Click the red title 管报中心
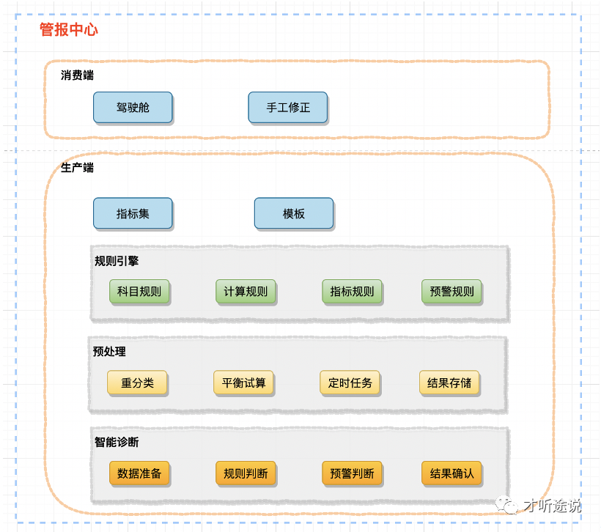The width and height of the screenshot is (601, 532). [68, 30]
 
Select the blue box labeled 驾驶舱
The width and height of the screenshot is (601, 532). [133, 107]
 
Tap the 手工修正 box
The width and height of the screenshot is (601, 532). [288, 107]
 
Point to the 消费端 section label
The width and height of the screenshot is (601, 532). [77, 75]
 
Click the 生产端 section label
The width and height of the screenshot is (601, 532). [77, 167]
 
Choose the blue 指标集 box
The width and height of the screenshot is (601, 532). [133, 213]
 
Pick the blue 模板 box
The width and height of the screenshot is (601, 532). [294, 213]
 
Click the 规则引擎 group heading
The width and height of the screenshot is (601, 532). [117, 260]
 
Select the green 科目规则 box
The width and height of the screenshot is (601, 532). [139, 291]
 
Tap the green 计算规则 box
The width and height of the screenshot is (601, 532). [246, 291]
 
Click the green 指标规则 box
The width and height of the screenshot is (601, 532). [352, 291]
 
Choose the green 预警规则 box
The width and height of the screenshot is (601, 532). [452, 291]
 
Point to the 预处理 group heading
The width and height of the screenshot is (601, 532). [109, 351]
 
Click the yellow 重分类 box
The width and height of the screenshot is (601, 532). [137, 383]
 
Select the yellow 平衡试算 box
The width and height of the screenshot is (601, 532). [244, 383]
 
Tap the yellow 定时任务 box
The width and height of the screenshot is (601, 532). [350, 383]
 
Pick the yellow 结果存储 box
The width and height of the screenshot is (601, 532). [450, 383]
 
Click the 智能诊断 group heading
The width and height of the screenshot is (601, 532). [117, 442]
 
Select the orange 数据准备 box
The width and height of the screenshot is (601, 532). [139, 473]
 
